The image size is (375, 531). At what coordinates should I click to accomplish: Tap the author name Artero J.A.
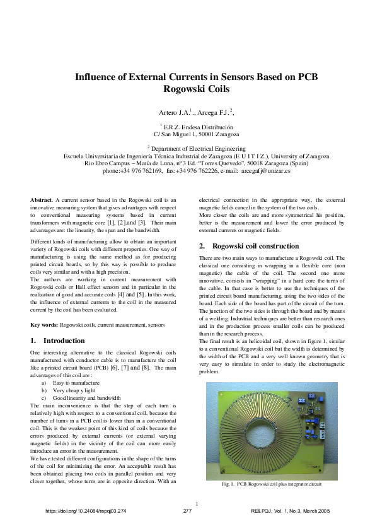tap(173, 112)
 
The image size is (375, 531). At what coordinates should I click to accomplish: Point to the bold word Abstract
tap(41, 200)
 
